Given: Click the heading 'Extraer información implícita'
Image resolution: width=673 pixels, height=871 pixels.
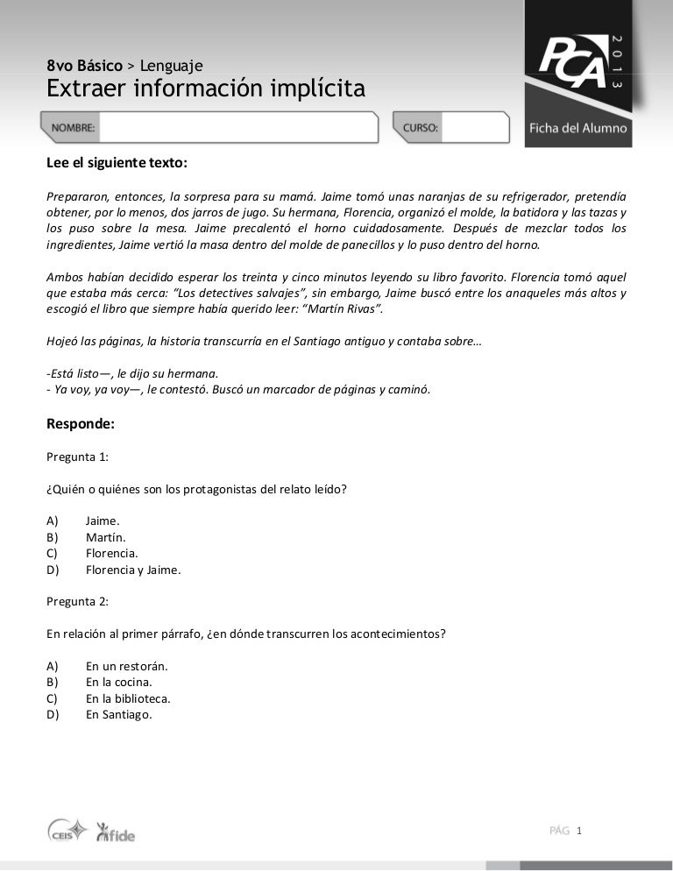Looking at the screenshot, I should [205, 89].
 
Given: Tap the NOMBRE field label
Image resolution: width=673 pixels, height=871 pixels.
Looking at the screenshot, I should [74, 128].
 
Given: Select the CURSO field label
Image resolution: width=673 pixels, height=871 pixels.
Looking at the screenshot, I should [421, 128].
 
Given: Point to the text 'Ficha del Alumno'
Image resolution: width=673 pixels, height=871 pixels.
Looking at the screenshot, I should [577, 128].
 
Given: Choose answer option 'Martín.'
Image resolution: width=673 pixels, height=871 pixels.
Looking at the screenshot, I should [106, 536].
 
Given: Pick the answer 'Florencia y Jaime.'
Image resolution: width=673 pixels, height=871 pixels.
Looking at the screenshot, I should [133, 570].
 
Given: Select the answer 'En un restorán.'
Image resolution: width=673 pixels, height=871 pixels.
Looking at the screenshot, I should [126, 666].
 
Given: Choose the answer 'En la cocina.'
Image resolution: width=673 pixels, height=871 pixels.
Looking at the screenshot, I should [119, 682].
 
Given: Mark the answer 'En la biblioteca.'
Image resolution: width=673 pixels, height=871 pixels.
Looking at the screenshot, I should [128, 698].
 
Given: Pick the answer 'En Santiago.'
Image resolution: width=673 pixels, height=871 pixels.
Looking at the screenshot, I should [119, 714].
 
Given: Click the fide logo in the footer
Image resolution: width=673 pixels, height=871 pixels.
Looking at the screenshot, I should [115, 832].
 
